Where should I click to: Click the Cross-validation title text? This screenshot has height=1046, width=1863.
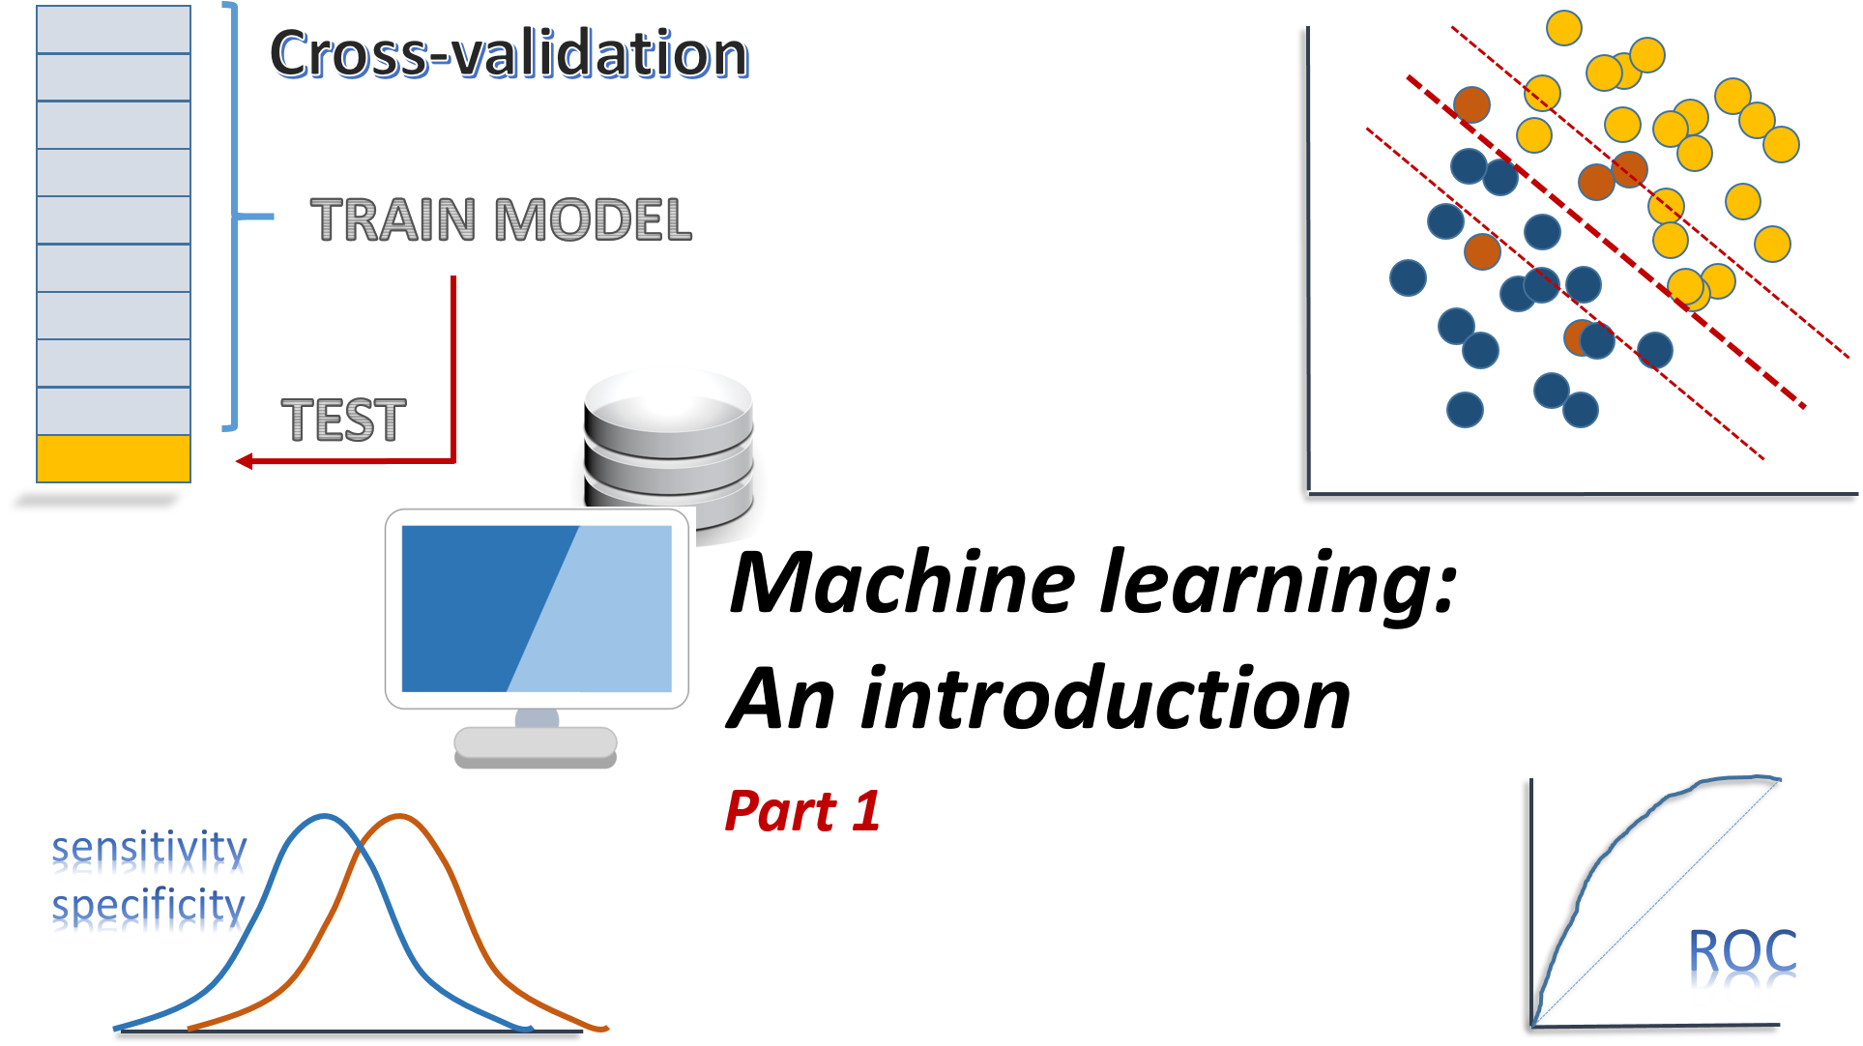509,53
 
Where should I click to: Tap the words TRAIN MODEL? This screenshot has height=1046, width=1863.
501,219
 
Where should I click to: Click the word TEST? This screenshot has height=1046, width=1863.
343,421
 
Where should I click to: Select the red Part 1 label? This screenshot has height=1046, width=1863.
802,811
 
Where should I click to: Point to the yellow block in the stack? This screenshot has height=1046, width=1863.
113,458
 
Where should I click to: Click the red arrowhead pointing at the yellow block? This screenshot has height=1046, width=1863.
245,461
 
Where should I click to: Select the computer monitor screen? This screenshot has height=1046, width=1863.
536,609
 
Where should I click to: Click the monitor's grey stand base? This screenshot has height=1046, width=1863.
535,743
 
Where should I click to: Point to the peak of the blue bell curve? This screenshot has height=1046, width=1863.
325,817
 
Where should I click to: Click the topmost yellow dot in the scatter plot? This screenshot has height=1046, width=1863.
1563,28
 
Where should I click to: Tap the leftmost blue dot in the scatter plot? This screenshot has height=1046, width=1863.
1408,277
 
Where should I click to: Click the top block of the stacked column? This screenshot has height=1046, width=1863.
113,30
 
